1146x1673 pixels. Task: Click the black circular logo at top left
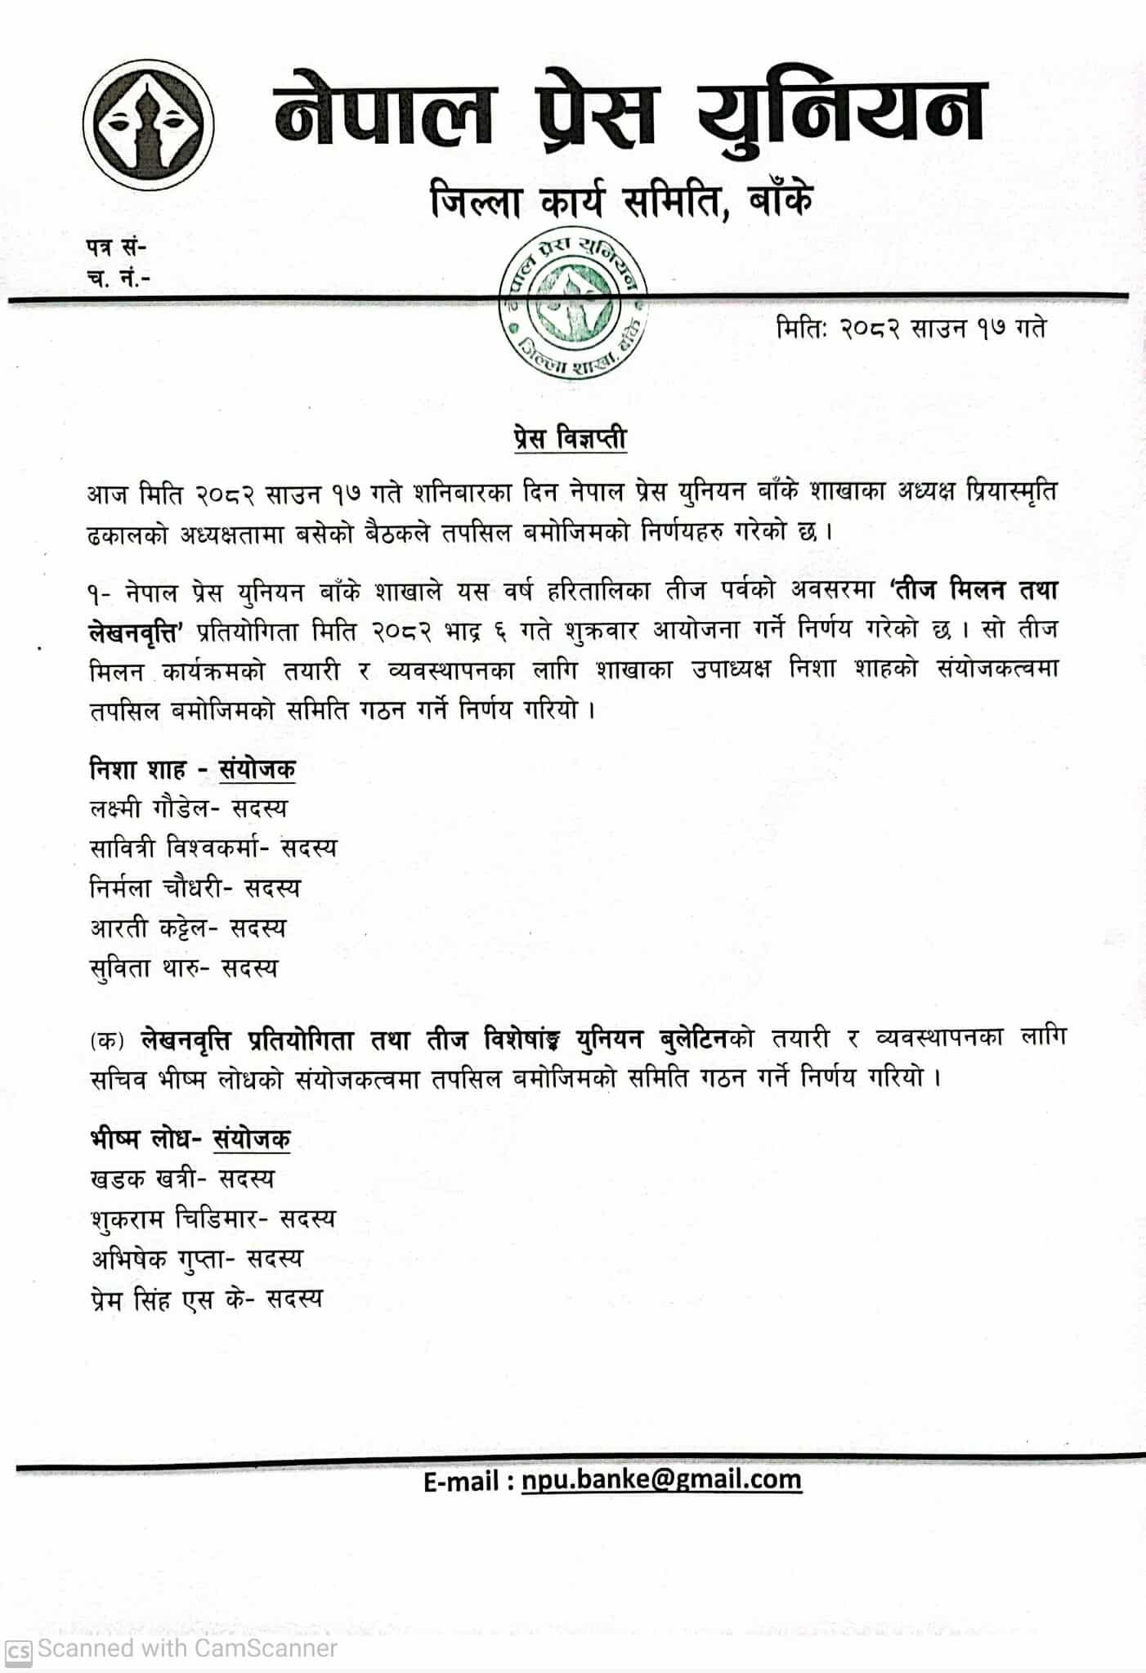(149, 130)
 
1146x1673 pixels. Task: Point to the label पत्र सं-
(116, 245)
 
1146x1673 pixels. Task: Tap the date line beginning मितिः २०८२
(911, 328)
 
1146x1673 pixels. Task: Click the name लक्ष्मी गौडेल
(153, 808)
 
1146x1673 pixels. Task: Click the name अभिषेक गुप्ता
(158, 1259)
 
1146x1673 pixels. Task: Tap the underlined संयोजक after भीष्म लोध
(252, 1138)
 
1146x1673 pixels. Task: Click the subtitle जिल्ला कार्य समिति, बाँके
(621, 199)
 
